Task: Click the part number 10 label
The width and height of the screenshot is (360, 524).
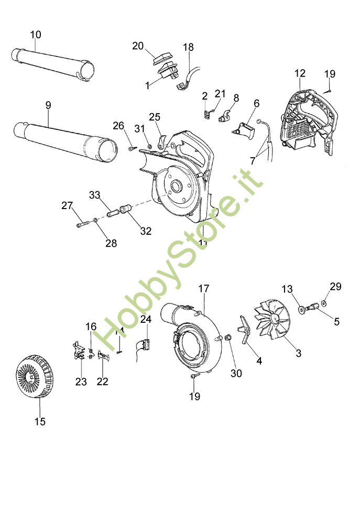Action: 36,35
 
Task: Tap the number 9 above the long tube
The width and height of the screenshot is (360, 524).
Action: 48,105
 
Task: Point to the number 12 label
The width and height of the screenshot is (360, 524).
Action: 299,73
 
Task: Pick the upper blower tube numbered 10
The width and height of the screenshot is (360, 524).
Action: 52,64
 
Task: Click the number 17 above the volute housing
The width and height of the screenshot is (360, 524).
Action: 204,288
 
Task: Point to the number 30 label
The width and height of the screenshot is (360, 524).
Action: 236,373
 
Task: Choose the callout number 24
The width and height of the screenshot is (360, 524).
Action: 146,319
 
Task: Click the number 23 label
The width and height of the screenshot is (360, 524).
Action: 81,381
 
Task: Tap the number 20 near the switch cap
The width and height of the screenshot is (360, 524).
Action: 138,46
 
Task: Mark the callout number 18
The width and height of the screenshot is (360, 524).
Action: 188,48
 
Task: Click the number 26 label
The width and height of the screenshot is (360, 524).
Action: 119,126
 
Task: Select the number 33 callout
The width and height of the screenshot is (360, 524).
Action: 94,195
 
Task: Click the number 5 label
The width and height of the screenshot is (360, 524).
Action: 337,322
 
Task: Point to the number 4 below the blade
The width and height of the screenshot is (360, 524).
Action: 258,361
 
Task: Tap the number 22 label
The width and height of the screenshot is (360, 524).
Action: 102,381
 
